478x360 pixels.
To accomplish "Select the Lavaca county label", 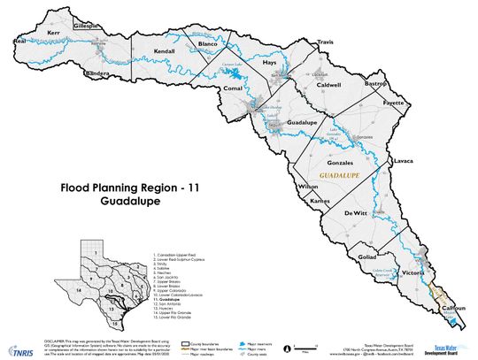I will pos(404,162).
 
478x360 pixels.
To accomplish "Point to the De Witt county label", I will pos(355,213).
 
